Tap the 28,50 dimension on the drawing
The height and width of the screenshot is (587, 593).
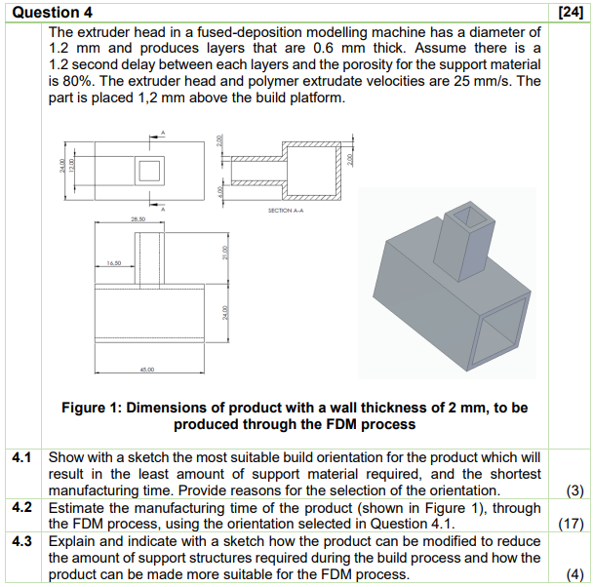139,221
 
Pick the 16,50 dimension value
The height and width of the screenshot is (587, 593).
116,261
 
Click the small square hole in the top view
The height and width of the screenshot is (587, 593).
149,171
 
